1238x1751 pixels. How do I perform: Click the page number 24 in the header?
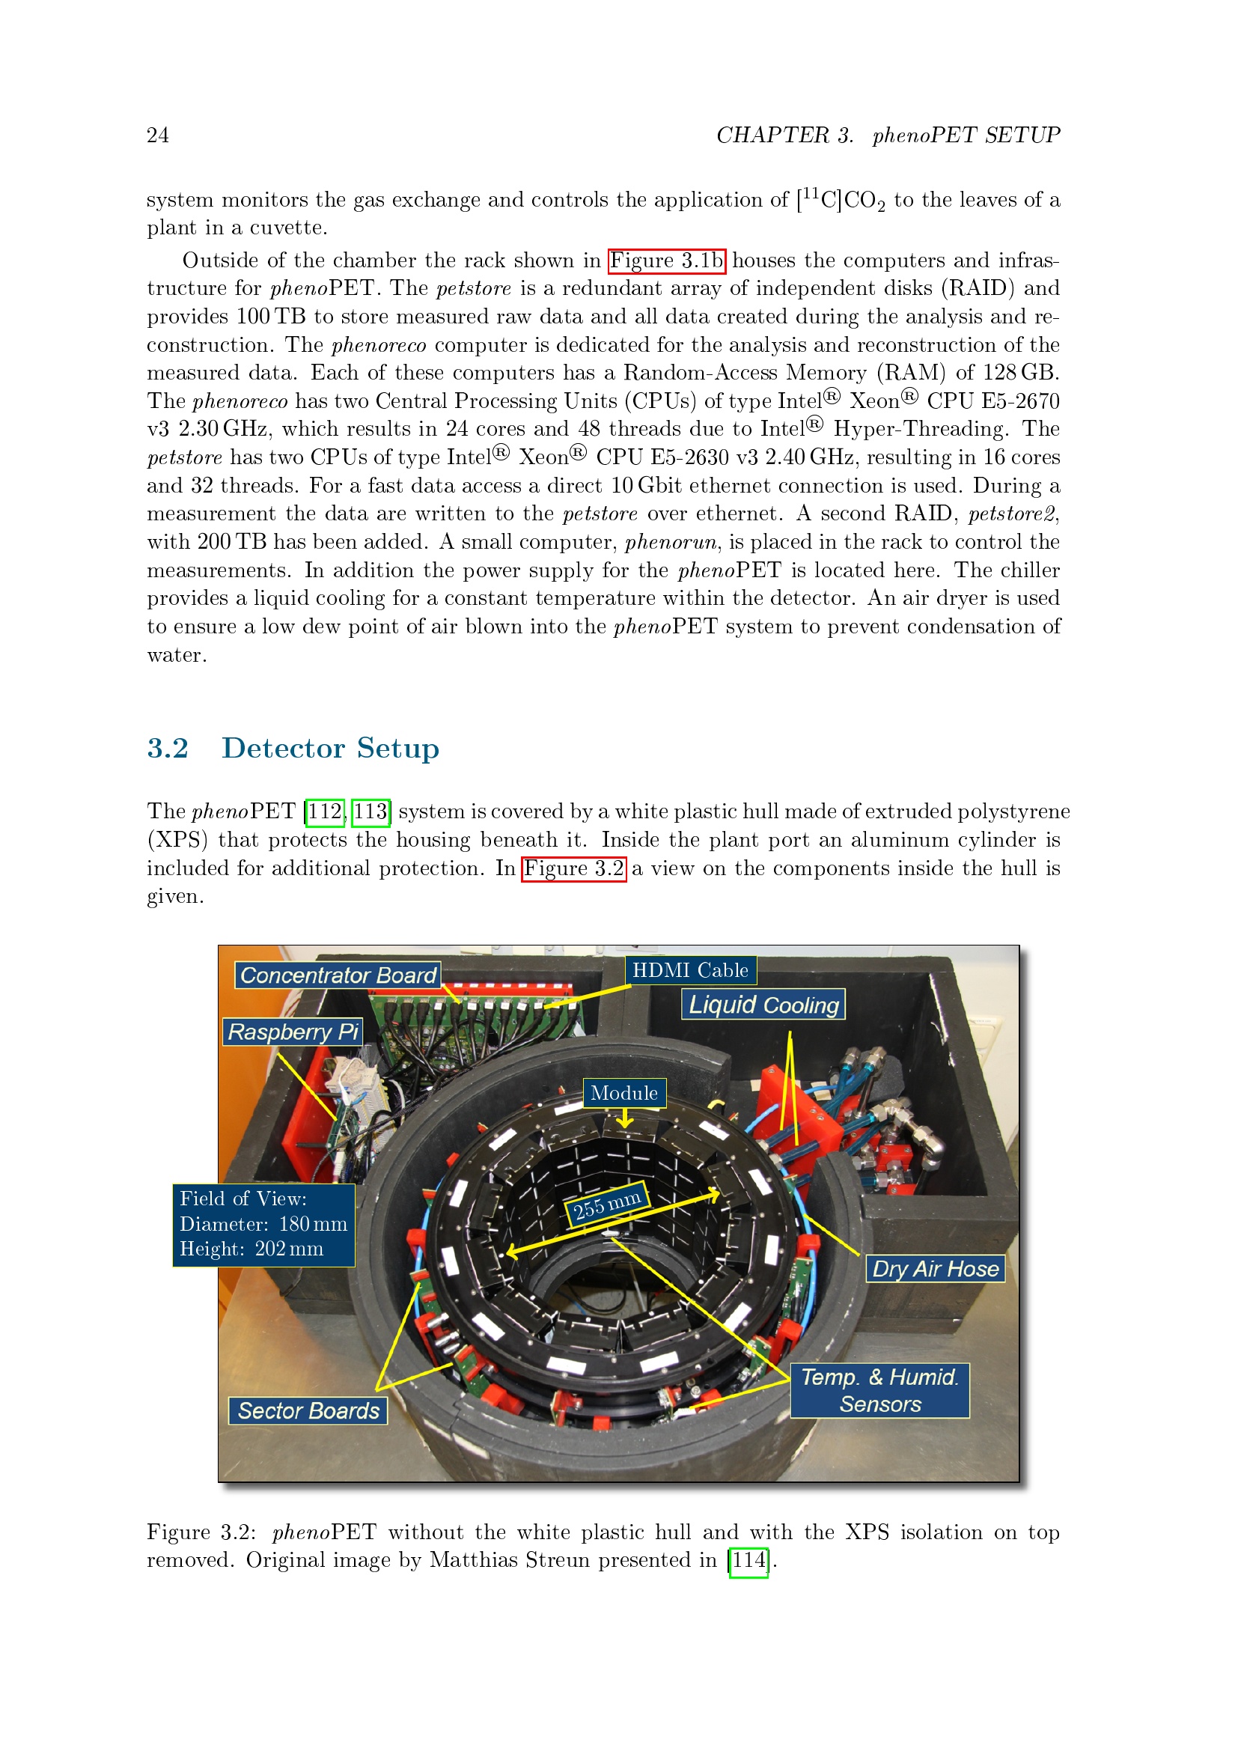pos(158,135)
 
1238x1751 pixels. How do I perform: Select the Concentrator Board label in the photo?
pos(338,975)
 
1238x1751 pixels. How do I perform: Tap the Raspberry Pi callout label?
pos(293,1031)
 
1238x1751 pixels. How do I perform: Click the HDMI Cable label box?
pos(691,970)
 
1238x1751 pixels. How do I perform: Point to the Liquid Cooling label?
pos(763,1005)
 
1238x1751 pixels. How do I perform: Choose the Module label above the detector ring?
pos(624,1093)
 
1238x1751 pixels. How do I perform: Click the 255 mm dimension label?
pos(608,1205)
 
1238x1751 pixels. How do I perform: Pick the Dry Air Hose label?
pos(936,1268)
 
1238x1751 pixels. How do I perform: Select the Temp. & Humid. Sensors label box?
pos(879,1390)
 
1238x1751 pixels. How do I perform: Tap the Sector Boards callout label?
pos(308,1410)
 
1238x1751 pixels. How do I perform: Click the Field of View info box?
pos(263,1225)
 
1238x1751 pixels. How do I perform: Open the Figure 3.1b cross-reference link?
pos(667,261)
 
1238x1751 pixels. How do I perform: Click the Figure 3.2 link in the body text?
pos(574,868)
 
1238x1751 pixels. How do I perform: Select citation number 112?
pos(325,811)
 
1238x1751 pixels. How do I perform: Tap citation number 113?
pos(371,811)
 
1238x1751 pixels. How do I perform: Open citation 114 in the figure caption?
pos(748,1559)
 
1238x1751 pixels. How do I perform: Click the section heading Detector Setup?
pos(330,748)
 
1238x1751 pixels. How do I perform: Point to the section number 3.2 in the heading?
pos(168,748)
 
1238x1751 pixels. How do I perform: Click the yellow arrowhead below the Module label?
pos(625,1121)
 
